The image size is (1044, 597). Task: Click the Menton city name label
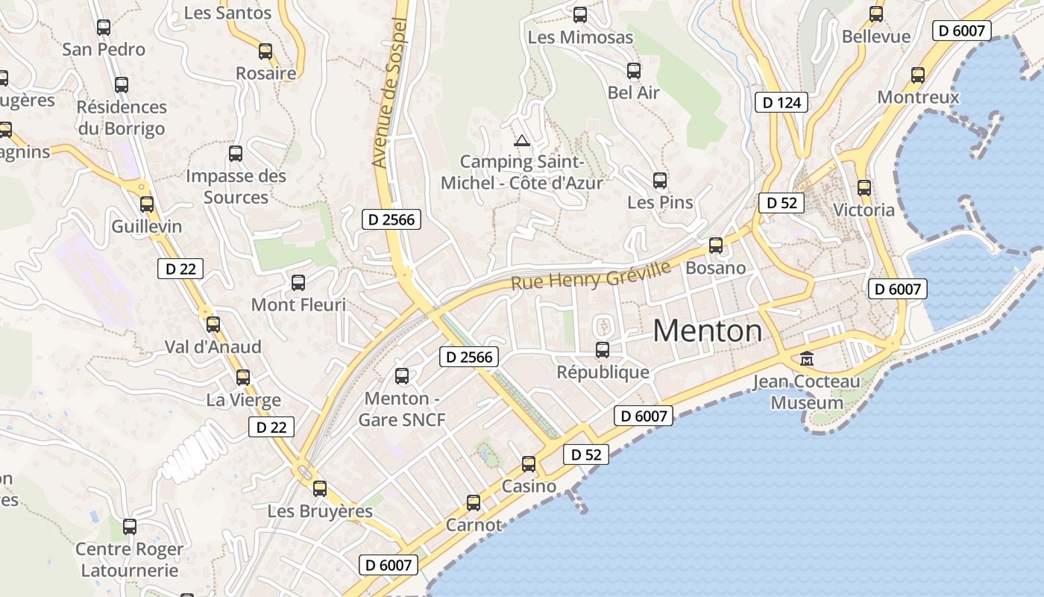(708, 331)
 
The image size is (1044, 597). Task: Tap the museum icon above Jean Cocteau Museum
(806, 360)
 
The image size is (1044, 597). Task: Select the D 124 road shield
(782, 102)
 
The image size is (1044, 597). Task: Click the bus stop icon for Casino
(529, 464)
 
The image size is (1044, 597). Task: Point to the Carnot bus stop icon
(474, 503)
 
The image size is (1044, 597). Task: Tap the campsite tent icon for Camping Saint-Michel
(521, 140)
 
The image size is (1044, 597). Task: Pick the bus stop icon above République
(603, 349)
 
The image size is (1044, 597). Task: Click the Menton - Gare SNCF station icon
(402, 375)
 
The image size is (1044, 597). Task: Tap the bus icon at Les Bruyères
(320, 489)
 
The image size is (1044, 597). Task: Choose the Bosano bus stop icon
(716, 245)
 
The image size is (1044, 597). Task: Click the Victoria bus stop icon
(864, 187)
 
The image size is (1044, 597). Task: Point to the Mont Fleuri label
(298, 304)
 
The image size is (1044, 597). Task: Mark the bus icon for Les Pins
(660, 180)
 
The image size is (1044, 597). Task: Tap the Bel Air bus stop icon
(634, 71)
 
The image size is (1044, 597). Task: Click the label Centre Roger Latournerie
(129, 560)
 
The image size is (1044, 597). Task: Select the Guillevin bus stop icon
(147, 204)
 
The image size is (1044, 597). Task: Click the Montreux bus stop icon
(918, 75)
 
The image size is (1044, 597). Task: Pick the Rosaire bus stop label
(265, 73)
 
